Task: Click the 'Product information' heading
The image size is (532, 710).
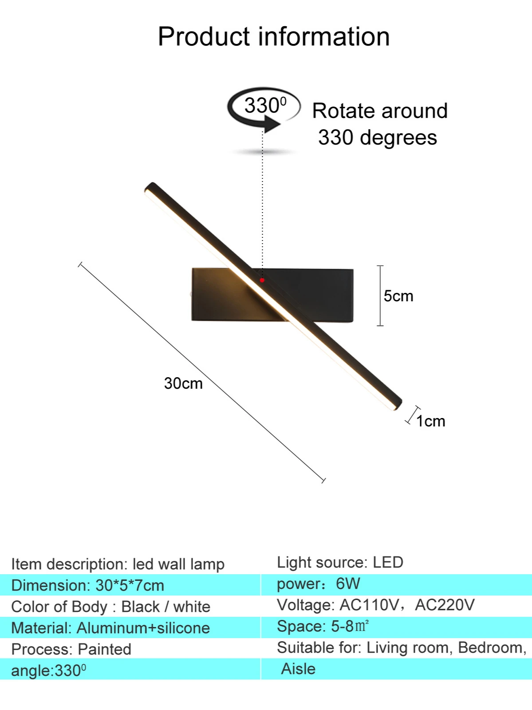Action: pos(274,36)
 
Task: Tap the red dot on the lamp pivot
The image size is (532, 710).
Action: pos(262,280)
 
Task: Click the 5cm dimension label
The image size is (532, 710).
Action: pos(398,296)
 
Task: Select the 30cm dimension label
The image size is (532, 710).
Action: pos(183,383)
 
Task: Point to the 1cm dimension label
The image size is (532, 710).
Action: pos(430,421)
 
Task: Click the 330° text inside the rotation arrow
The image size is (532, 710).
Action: pos(265,106)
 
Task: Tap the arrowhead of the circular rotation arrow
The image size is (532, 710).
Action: pos(272,123)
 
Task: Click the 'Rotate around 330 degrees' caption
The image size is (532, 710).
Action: pos(379,124)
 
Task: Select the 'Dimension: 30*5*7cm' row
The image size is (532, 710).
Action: pos(87,585)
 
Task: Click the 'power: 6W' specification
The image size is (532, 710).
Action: pos(318,584)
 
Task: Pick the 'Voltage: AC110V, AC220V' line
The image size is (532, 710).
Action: pos(375,605)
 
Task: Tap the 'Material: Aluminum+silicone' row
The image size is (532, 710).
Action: pos(110,628)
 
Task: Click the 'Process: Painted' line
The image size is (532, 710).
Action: pos(71,649)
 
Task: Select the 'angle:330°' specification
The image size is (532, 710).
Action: pos(48,670)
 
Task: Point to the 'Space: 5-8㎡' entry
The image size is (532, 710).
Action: pos(323,626)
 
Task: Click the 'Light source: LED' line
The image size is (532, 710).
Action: pos(340,562)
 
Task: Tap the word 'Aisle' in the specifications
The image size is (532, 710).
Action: pos(298,669)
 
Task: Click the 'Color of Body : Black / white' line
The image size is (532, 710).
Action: pos(110,607)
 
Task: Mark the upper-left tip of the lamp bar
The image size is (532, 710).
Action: pos(150,188)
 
